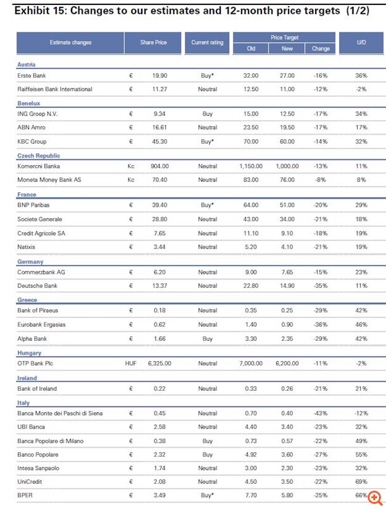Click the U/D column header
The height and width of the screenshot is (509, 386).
[361, 42]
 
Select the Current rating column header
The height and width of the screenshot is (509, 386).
[208, 42]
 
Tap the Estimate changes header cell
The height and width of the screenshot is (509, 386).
[71, 42]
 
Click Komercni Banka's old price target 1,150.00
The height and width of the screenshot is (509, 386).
[251, 166]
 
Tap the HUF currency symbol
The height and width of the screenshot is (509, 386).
[131, 364]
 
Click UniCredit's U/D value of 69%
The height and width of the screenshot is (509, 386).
[361, 482]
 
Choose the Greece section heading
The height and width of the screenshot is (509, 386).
[27, 300]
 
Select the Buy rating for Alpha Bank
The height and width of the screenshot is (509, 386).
[208, 339]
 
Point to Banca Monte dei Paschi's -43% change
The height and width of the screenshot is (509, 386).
[320, 413]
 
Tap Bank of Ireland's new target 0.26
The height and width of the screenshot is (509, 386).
[287, 388]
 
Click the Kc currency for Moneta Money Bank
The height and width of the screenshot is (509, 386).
[131, 180]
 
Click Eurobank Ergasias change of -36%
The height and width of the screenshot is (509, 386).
[320, 324]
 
